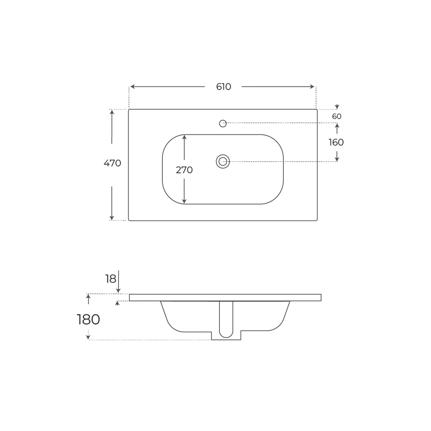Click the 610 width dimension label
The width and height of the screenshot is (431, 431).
(x=223, y=87)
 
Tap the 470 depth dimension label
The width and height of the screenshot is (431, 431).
(x=112, y=163)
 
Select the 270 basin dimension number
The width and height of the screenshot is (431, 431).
(x=184, y=170)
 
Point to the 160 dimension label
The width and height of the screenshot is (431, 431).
(x=336, y=143)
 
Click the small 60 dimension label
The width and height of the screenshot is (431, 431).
(x=337, y=116)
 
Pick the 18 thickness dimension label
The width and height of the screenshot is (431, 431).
(x=111, y=279)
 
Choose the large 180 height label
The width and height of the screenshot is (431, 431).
(x=88, y=320)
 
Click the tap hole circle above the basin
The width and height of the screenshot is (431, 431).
(x=223, y=124)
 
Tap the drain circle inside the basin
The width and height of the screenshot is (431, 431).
(x=223, y=162)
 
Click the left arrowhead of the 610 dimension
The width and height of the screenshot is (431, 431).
(x=132, y=87)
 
